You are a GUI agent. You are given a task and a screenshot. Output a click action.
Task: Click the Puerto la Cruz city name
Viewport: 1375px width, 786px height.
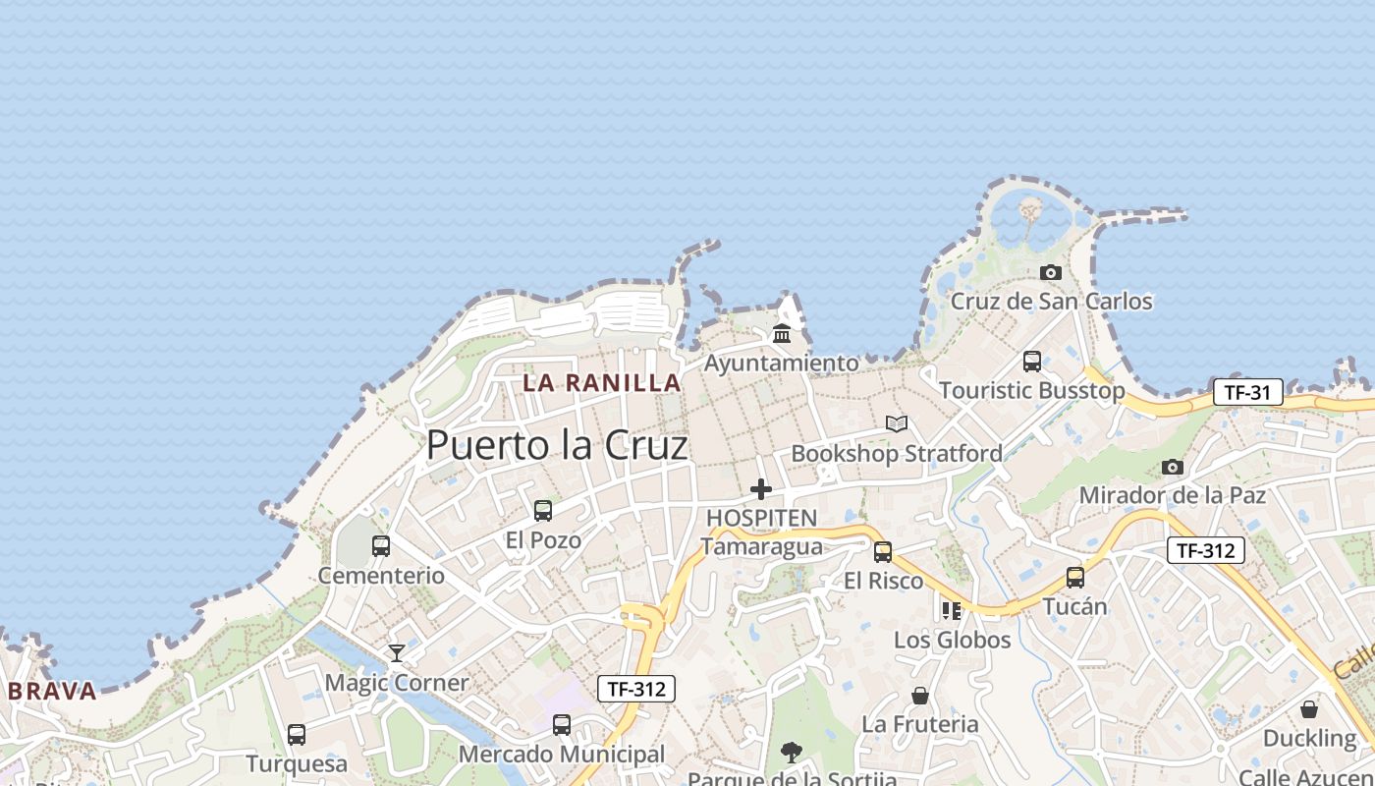pyautogui.click(x=557, y=445)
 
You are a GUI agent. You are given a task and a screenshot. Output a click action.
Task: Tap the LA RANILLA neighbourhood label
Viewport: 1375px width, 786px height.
pyautogui.click(x=602, y=383)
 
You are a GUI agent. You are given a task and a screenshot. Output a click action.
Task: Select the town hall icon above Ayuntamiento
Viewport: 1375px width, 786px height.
pyautogui.click(x=782, y=334)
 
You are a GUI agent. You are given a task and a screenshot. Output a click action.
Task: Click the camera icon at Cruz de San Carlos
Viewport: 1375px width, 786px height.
pyautogui.click(x=1051, y=272)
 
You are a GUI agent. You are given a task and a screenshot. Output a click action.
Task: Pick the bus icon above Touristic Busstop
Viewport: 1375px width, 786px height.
pyautogui.click(x=1032, y=362)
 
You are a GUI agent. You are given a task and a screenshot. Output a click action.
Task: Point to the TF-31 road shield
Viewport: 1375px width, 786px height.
pyautogui.click(x=1248, y=393)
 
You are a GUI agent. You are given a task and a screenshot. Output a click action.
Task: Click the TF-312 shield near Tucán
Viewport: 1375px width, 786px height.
pyautogui.click(x=1206, y=550)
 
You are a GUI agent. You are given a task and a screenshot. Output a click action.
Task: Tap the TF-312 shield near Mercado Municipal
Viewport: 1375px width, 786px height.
pyautogui.click(x=636, y=689)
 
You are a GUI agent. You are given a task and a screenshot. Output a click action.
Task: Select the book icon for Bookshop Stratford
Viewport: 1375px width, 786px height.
pyautogui.click(x=897, y=423)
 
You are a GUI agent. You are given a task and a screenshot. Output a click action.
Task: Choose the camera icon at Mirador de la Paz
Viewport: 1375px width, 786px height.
pyautogui.click(x=1173, y=467)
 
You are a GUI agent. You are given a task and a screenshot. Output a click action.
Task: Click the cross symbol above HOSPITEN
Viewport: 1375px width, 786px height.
pyautogui.click(x=761, y=488)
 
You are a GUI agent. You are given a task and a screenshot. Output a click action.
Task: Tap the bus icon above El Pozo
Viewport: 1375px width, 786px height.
pyautogui.click(x=543, y=511)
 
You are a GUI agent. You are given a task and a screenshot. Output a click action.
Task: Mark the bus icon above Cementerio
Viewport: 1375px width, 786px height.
pyautogui.click(x=381, y=546)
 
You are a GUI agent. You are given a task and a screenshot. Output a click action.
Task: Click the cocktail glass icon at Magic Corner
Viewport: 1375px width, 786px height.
pyautogui.click(x=397, y=652)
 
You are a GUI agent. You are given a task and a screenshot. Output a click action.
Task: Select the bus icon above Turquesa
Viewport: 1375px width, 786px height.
pyautogui.click(x=297, y=735)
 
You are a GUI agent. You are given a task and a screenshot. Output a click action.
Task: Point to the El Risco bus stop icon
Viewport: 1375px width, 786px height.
pyautogui.click(x=883, y=552)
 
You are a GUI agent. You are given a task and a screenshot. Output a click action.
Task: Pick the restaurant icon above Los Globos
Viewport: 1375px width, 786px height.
pyautogui.click(x=951, y=611)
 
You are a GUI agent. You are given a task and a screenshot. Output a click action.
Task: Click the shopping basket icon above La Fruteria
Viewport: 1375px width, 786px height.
pyautogui.click(x=920, y=696)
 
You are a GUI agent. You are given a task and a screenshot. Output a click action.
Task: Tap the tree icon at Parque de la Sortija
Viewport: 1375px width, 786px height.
pyautogui.click(x=792, y=754)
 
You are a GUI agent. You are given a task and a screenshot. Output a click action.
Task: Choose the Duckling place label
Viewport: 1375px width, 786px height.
pyautogui.click(x=1309, y=738)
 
